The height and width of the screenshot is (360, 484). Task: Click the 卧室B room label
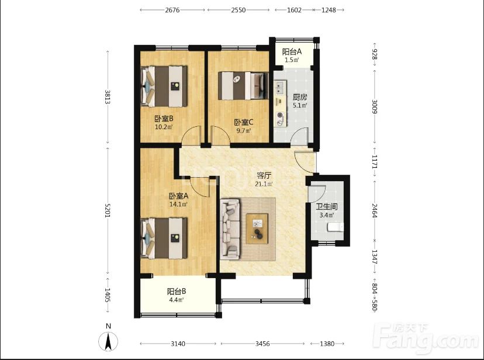pos(164,119)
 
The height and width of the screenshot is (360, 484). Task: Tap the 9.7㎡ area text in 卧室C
pos(244,130)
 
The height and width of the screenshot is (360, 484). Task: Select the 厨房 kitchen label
pos(300,98)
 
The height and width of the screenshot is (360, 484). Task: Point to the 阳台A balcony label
pos(292,51)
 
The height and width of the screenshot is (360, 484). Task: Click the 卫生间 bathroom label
pos(327,207)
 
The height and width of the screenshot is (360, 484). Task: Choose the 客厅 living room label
pos(264,176)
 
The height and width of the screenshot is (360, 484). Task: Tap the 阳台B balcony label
pos(177,291)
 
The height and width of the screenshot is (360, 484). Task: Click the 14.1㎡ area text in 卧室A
pos(178,204)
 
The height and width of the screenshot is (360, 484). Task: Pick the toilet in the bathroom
pos(335,227)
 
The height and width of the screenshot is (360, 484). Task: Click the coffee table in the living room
pos(257,229)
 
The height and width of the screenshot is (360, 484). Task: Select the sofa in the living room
pos(230,229)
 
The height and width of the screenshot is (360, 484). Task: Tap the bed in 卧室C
pos(243,86)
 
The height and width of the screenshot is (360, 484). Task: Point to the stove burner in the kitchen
pos(280,115)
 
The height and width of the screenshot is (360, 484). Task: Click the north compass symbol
pos(108,341)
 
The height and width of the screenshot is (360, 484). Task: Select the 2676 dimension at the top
pos(172,10)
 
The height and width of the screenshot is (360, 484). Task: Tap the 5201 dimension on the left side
pos(108,210)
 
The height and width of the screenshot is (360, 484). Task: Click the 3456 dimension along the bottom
pos(262,343)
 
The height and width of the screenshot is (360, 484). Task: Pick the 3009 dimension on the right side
pos(375,106)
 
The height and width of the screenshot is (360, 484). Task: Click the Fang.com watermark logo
pos(426,338)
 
